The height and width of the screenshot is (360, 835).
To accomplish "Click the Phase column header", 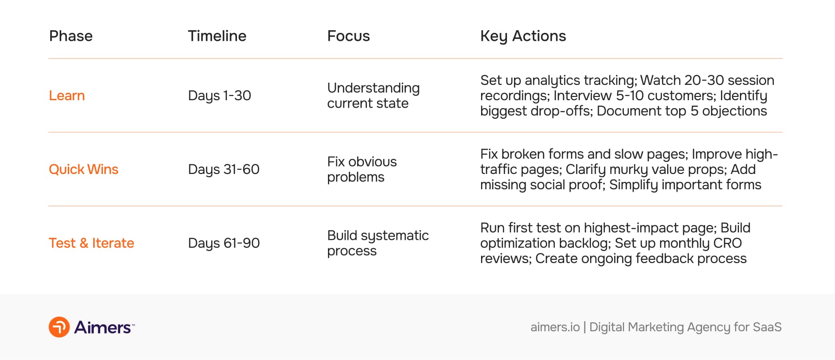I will point(71,36).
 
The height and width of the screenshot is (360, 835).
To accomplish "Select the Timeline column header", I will point(217,36).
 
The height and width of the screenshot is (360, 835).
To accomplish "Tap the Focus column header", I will point(348,36).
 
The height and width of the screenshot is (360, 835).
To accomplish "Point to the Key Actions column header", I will point(523,36).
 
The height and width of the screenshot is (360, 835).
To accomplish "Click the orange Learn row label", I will point(67,96).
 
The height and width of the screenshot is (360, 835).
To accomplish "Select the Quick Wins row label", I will point(83,169).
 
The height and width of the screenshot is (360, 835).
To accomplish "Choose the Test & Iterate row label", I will point(91,243).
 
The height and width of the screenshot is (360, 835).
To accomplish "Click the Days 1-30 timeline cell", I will point(219,96).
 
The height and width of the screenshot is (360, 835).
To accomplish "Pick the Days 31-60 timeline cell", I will point(224,169).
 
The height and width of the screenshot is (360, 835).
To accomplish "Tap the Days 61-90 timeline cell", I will point(224,243).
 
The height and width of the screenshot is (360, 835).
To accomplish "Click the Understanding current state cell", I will point(373,96).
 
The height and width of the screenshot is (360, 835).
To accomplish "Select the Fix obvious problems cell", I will point(362,169).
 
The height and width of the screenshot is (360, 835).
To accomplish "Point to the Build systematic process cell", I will point(378,243).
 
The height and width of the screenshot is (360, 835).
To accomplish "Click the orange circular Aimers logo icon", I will point(59,327).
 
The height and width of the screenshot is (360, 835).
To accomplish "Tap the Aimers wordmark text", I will point(103,328).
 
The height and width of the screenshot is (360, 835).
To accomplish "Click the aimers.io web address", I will point(555,327).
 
